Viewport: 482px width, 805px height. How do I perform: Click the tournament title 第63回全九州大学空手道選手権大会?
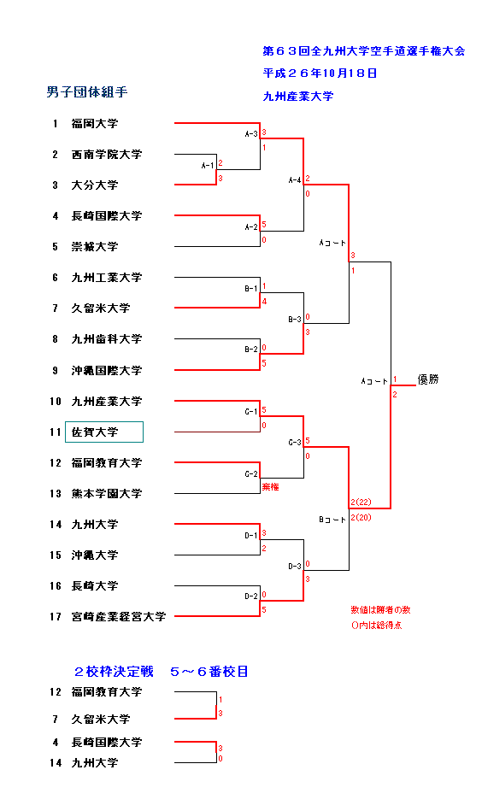pyautogui.click(x=363, y=50)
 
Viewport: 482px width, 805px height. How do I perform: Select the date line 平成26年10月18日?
pyautogui.click(x=320, y=73)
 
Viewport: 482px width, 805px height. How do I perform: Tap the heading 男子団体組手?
pyautogui.click(x=87, y=92)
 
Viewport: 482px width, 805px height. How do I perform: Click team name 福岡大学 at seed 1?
pyautogui.click(x=95, y=124)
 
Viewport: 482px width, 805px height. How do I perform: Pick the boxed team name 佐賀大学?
pyautogui.click(x=95, y=432)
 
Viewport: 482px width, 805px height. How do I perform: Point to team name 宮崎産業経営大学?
pyautogui.click(x=119, y=617)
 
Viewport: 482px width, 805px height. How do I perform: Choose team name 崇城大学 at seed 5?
pyautogui.click(x=95, y=247)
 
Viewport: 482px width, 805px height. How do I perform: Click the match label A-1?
pyautogui.click(x=208, y=165)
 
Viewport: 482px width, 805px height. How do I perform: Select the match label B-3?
pyautogui.click(x=295, y=320)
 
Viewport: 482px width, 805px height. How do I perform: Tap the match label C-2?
pyautogui.click(x=251, y=474)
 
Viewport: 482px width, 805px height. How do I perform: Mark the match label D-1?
pyautogui.click(x=251, y=536)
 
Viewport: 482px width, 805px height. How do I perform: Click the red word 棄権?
pyautogui.click(x=271, y=487)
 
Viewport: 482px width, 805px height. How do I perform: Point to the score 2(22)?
pyautogui.click(x=361, y=502)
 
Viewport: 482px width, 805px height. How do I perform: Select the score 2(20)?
pyautogui.click(x=361, y=518)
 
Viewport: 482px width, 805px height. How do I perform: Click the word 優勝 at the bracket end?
pyautogui.click(x=428, y=379)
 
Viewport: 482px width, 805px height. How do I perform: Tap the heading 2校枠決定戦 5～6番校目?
pyautogui.click(x=162, y=672)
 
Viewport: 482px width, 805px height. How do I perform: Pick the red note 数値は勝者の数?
pyautogui.click(x=380, y=610)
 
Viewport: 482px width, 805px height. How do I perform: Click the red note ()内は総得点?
pyautogui.click(x=376, y=626)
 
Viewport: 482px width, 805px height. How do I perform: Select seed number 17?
pyautogui.click(x=56, y=617)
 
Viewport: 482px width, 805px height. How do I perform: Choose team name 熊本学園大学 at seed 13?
pyautogui.click(x=106, y=494)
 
